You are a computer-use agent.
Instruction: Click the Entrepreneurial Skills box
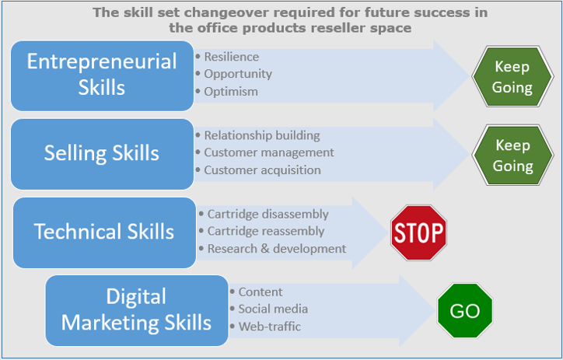pyautogui.click(x=102, y=75)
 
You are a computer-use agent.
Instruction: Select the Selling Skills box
pyautogui.click(x=102, y=154)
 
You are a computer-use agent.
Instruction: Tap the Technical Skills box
pyautogui.click(x=104, y=232)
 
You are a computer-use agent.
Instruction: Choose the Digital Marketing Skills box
pyautogui.click(x=137, y=309)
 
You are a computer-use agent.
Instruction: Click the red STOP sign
pyautogui.click(x=418, y=232)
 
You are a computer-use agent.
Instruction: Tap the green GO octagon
pyautogui.click(x=465, y=312)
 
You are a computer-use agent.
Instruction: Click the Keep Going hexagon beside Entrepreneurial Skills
pyautogui.click(x=512, y=76)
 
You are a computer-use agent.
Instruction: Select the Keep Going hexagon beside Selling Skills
pyautogui.click(x=512, y=155)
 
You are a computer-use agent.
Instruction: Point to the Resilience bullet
pyautogui.click(x=231, y=57)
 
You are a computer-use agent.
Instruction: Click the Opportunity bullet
pyautogui.click(x=238, y=74)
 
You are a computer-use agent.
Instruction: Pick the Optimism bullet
pyautogui.click(x=231, y=91)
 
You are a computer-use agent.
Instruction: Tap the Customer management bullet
pyautogui.click(x=269, y=152)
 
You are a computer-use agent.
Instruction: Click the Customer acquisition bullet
pyautogui.click(x=262, y=170)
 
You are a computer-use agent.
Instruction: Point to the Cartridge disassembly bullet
pyautogui.click(x=268, y=214)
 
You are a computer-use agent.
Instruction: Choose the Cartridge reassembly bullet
pyautogui.click(x=266, y=231)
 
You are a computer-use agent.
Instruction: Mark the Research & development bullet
pyautogui.click(x=276, y=249)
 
